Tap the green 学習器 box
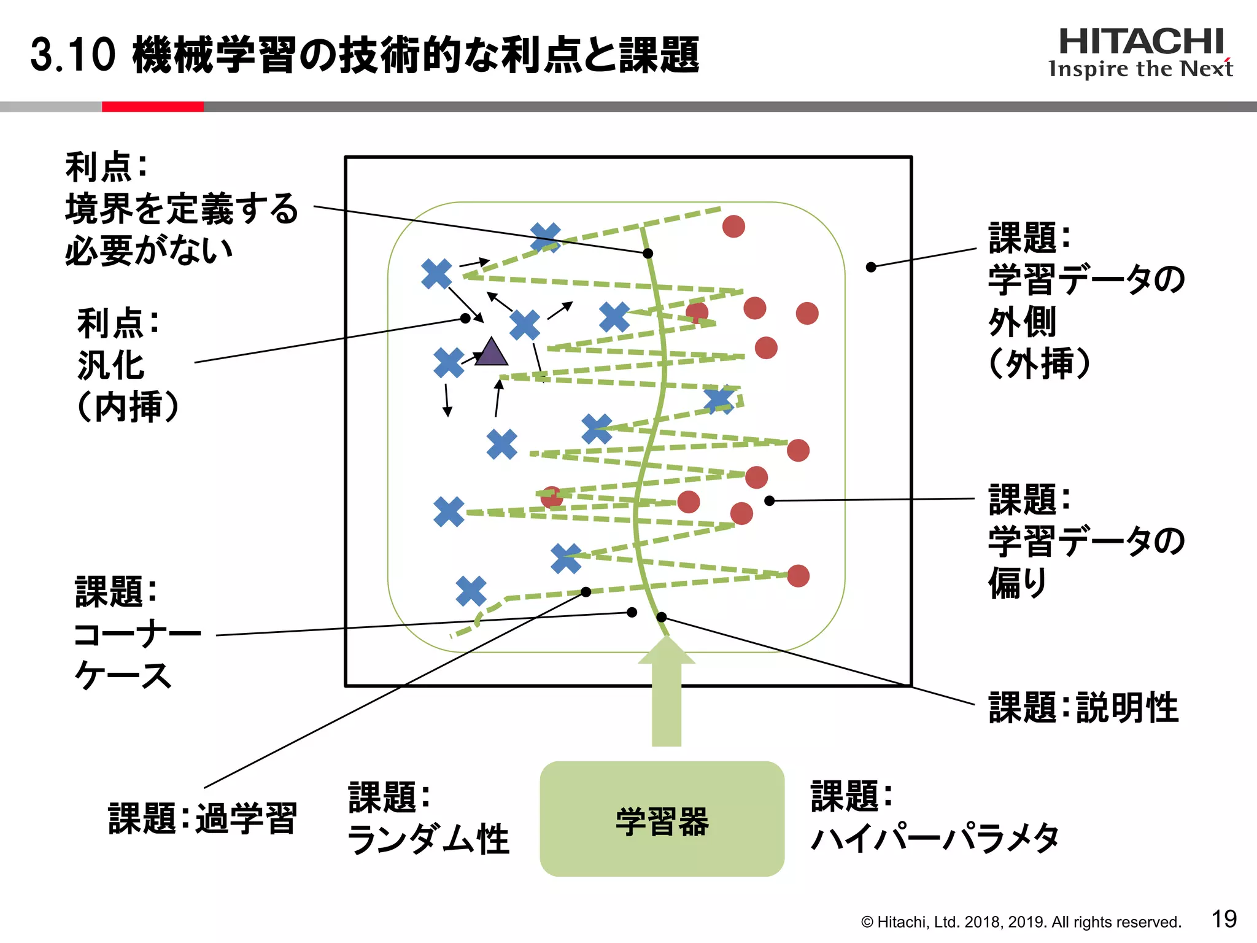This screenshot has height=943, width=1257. click(x=662, y=819)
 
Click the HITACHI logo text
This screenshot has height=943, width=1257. click(x=1141, y=42)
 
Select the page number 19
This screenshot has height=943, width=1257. click(x=1224, y=919)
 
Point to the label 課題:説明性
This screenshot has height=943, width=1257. click(x=1083, y=708)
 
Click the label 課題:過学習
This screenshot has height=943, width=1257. click(x=203, y=818)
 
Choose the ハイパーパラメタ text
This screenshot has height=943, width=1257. click(x=935, y=839)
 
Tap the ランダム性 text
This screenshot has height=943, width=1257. click(x=428, y=839)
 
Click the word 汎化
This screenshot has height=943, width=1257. click(x=111, y=365)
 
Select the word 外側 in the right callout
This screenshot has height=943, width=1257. click(x=1022, y=322)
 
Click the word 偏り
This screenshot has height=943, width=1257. click(x=1017, y=583)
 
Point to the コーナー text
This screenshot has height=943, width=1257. click(x=137, y=634)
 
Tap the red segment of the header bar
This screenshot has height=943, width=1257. click(x=152, y=107)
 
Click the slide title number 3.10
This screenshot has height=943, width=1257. click(x=72, y=55)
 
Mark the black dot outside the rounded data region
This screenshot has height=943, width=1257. click(x=871, y=267)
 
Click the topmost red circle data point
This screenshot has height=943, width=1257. click(x=733, y=227)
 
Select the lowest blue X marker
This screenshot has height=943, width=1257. click(x=471, y=591)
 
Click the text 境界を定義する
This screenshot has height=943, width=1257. click(x=182, y=208)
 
